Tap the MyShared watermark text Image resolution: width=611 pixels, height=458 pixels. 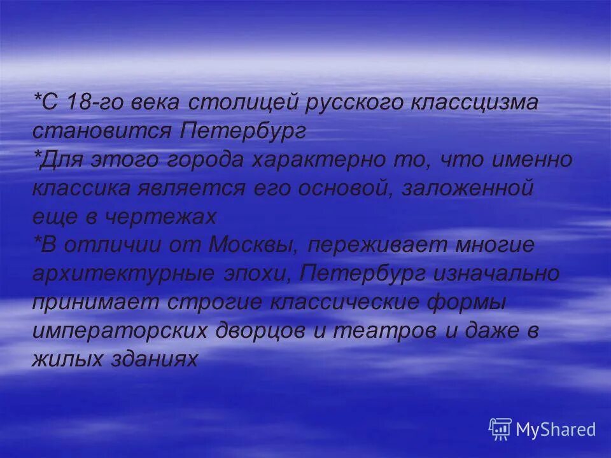[556, 429]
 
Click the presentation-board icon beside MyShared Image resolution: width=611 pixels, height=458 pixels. [500, 429]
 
